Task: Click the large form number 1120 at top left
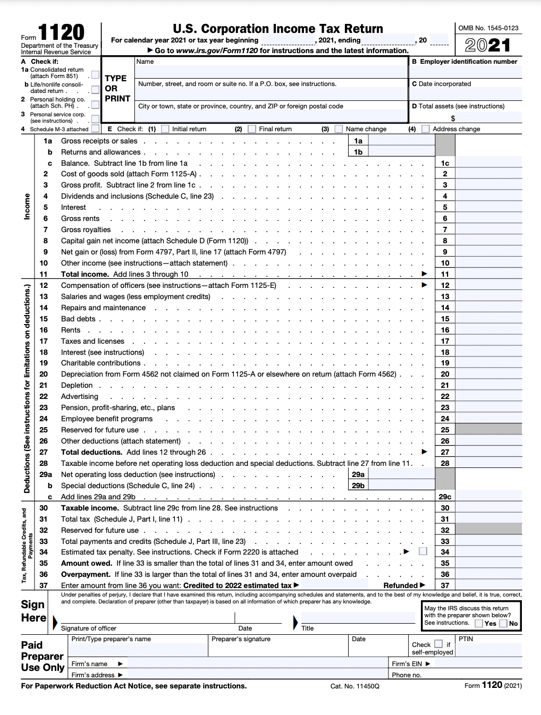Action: coord(61,33)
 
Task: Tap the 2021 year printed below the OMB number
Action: coord(488,45)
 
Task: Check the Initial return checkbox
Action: coord(165,129)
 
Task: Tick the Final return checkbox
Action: coord(252,129)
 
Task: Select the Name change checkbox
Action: coord(339,129)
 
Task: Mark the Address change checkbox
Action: coord(425,129)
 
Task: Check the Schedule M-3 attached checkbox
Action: coord(95,129)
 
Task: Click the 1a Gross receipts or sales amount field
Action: coord(401,141)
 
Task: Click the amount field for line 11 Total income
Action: coord(488,274)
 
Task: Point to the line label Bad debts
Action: coord(78,319)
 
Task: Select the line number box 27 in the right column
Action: coord(445,452)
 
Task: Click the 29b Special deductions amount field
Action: coord(401,486)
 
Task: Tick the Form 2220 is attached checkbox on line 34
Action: coord(422,551)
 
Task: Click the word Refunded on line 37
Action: coord(401,585)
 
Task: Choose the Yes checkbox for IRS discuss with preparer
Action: coord(479,623)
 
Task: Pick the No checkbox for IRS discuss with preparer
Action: coord(503,623)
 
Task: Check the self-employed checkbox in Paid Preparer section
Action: coord(438,644)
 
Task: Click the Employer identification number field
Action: coord(466,72)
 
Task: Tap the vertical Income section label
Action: coord(27,207)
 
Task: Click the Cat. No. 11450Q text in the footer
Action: coord(354,686)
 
